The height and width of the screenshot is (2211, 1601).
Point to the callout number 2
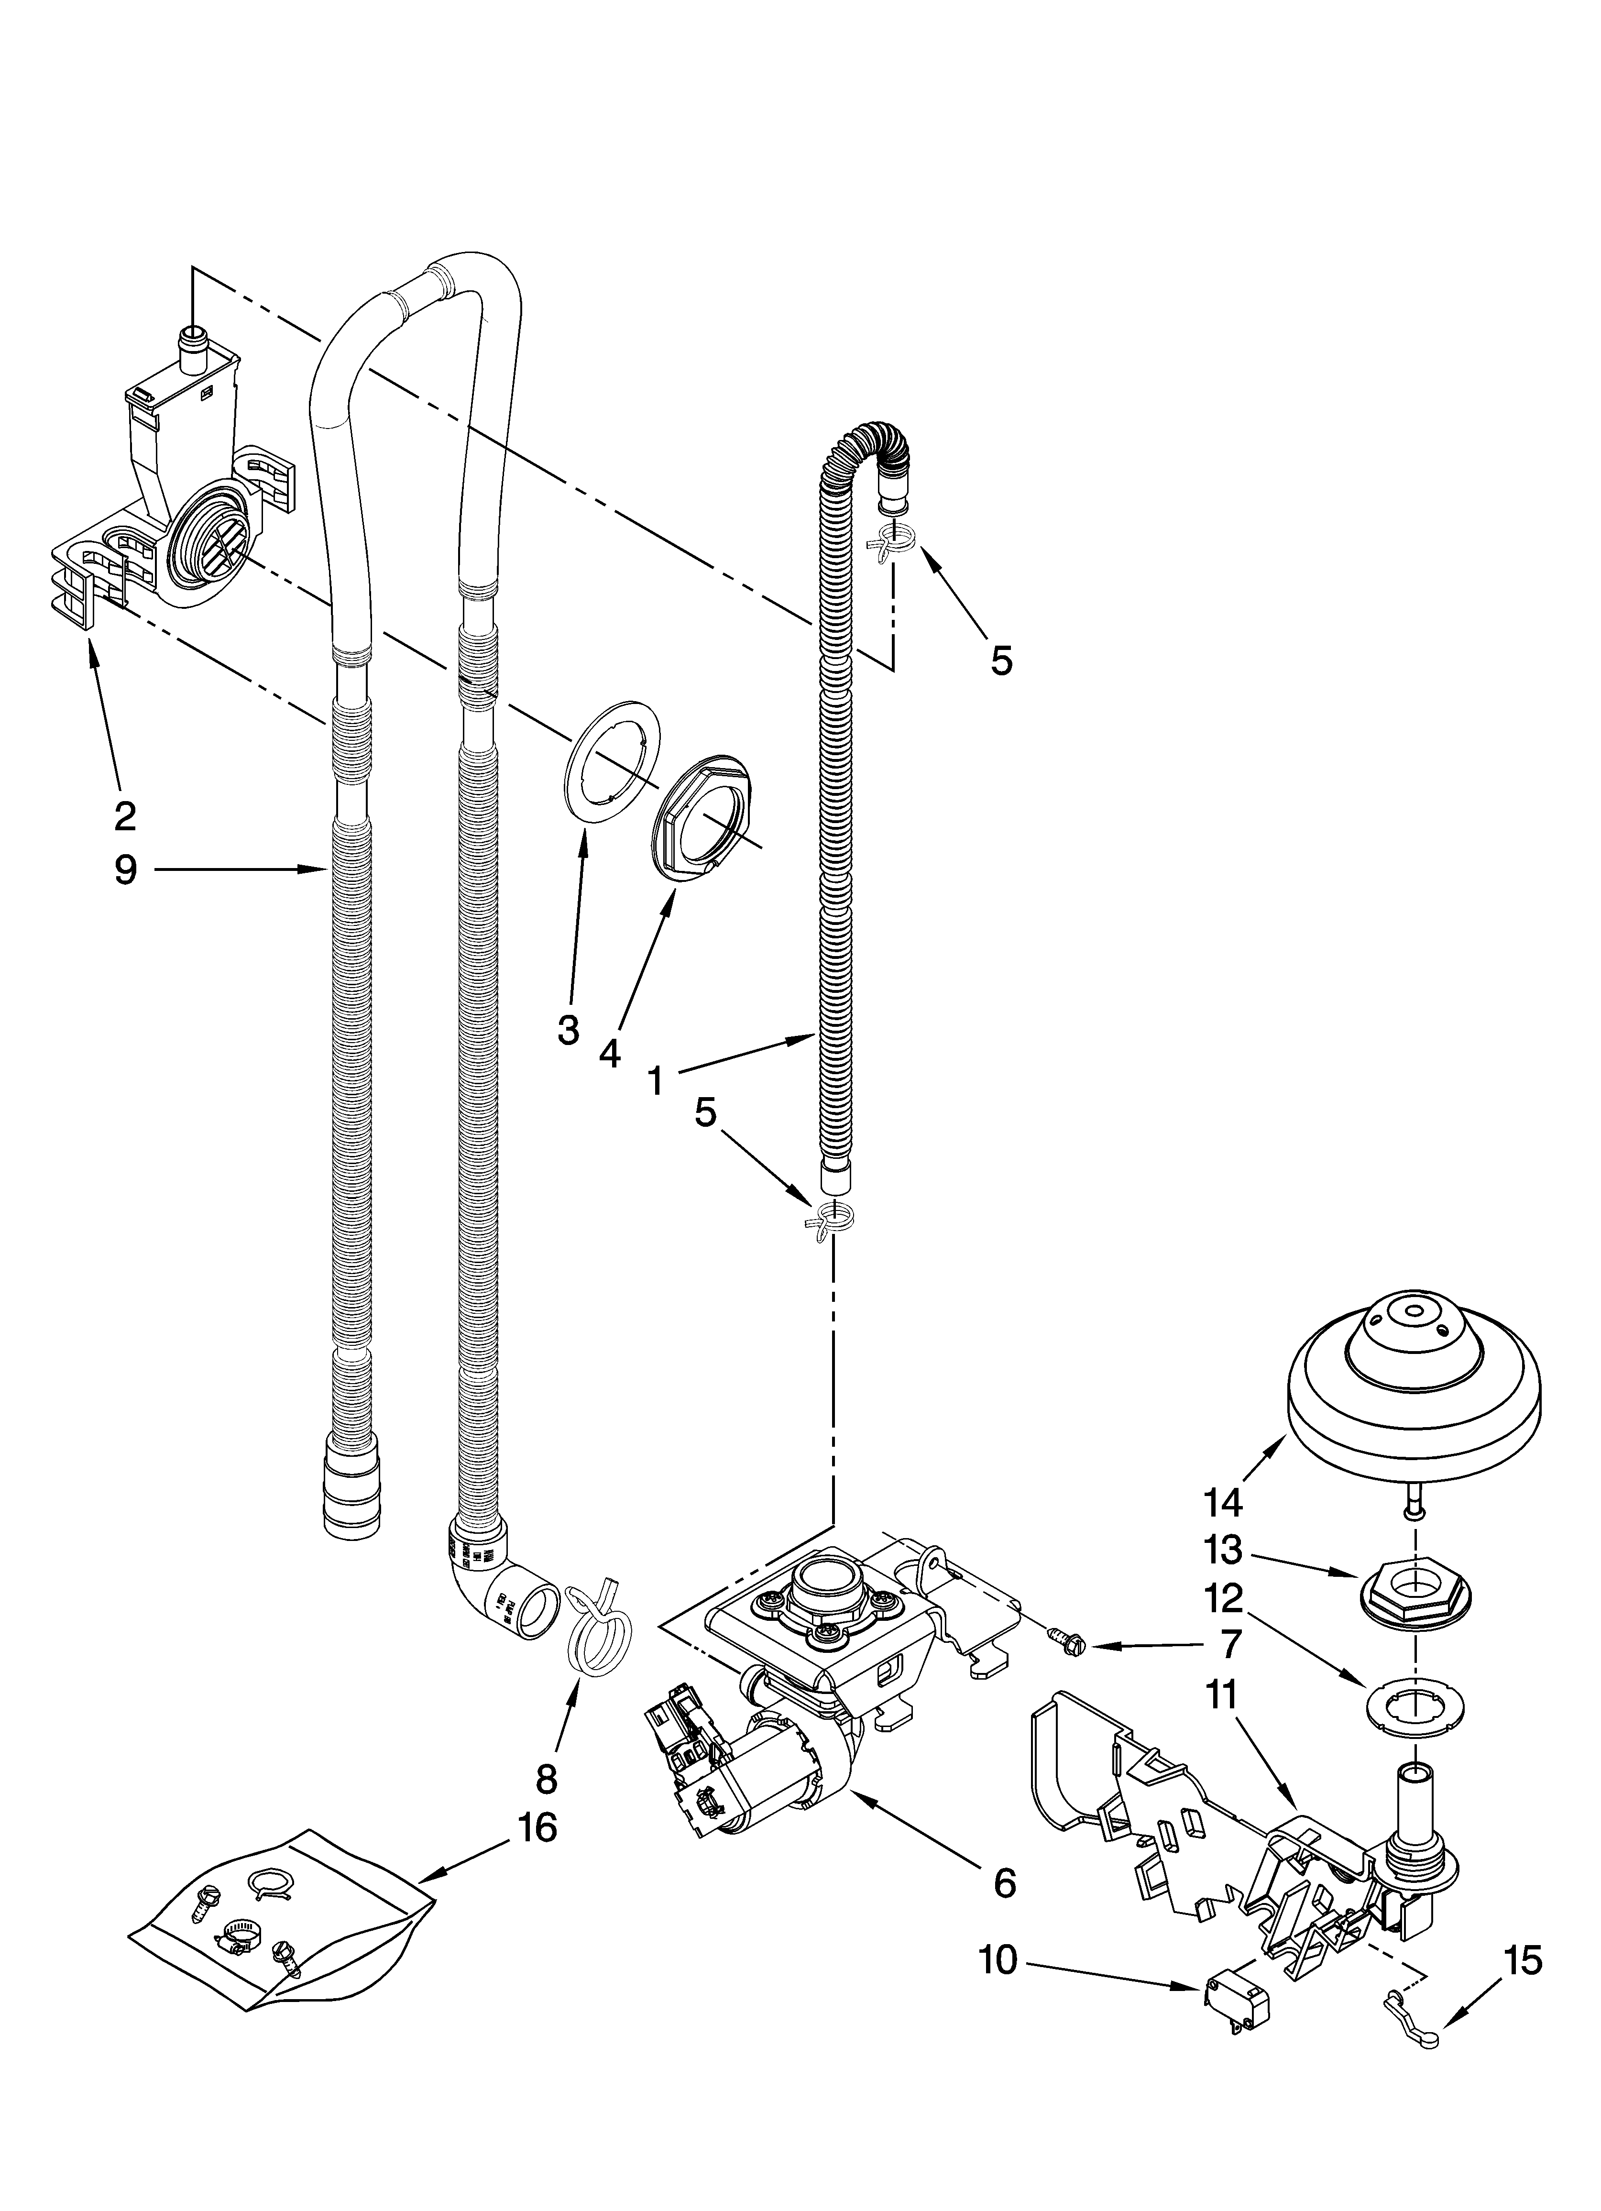[125, 815]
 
